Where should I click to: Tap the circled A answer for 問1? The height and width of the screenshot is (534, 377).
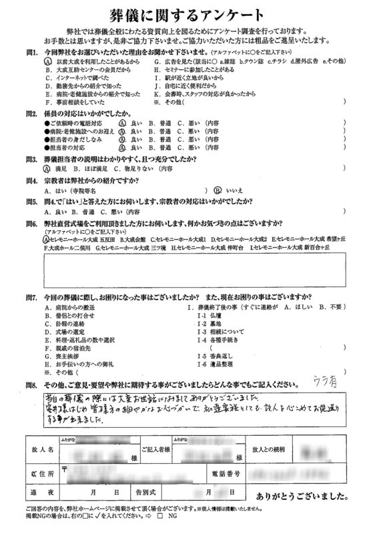click(49, 60)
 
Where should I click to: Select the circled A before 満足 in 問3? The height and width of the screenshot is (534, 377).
click(48, 170)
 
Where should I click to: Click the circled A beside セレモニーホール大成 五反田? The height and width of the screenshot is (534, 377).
click(48, 239)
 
